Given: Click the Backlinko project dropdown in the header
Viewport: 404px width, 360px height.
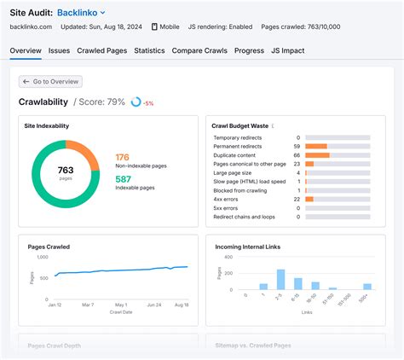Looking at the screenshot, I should click(x=82, y=13).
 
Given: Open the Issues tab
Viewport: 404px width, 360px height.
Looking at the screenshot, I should click(x=59, y=50).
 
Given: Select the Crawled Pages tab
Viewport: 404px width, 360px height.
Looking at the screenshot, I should click(x=101, y=50).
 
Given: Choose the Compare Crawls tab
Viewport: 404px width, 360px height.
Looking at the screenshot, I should click(x=200, y=50).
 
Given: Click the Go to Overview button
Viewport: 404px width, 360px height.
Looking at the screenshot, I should click(x=52, y=82).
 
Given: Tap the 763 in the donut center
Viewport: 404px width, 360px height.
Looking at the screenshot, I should click(x=65, y=169).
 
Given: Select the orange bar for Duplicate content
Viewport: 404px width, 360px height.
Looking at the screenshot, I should click(x=316, y=155).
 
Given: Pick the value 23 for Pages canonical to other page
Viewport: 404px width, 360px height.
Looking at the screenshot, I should click(x=296, y=164).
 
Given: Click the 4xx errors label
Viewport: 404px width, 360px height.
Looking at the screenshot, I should click(x=227, y=199).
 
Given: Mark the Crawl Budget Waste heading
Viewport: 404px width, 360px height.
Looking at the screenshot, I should click(x=240, y=125).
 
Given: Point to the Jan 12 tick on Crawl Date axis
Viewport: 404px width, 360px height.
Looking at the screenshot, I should click(x=55, y=305).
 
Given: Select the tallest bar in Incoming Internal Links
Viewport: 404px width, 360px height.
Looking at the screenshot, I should click(x=280, y=279).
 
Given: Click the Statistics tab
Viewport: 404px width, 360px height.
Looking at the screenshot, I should click(x=149, y=50).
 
